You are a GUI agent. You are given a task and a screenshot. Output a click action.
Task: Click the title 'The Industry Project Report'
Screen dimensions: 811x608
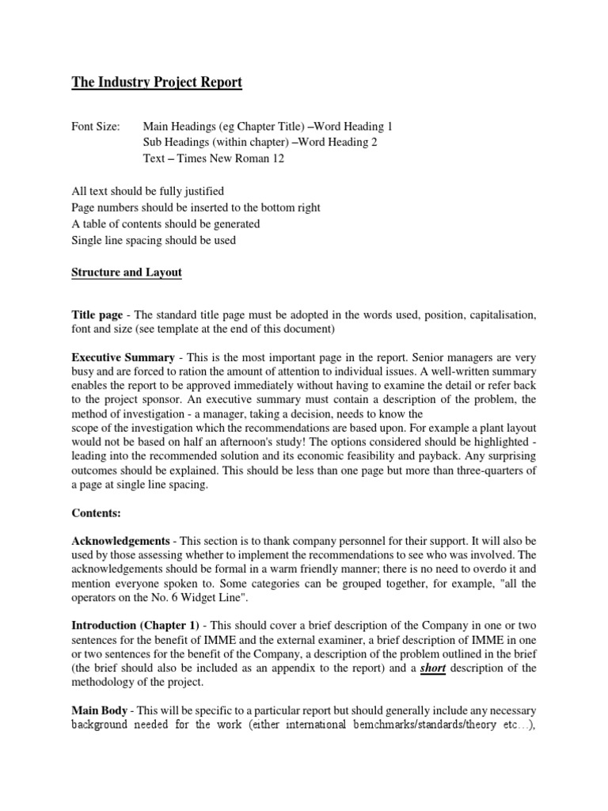[x=157, y=83]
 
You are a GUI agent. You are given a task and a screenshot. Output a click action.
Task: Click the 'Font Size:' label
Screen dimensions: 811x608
[x=96, y=127]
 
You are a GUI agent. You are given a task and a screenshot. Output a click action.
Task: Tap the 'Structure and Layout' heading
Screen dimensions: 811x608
[x=127, y=272]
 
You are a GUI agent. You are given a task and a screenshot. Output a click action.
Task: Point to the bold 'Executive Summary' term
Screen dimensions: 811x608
[x=123, y=358]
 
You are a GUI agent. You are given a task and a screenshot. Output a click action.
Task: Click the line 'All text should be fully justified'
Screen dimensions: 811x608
[x=148, y=191]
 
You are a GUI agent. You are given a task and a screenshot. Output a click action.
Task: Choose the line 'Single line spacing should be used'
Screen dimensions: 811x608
[x=154, y=240]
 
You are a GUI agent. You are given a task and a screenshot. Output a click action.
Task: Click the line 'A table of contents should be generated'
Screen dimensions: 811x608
[x=165, y=224]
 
